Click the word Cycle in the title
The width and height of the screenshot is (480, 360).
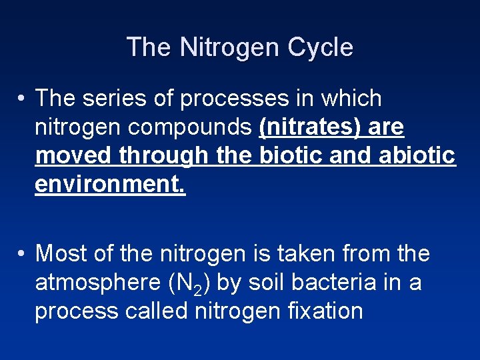pos(321,47)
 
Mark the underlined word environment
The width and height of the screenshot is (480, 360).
pos(111,183)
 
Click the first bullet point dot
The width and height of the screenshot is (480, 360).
pos(22,99)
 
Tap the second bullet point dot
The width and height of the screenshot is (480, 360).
pos(22,254)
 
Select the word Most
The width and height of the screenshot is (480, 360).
pos(61,253)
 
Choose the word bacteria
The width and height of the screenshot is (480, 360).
pos(339,282)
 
